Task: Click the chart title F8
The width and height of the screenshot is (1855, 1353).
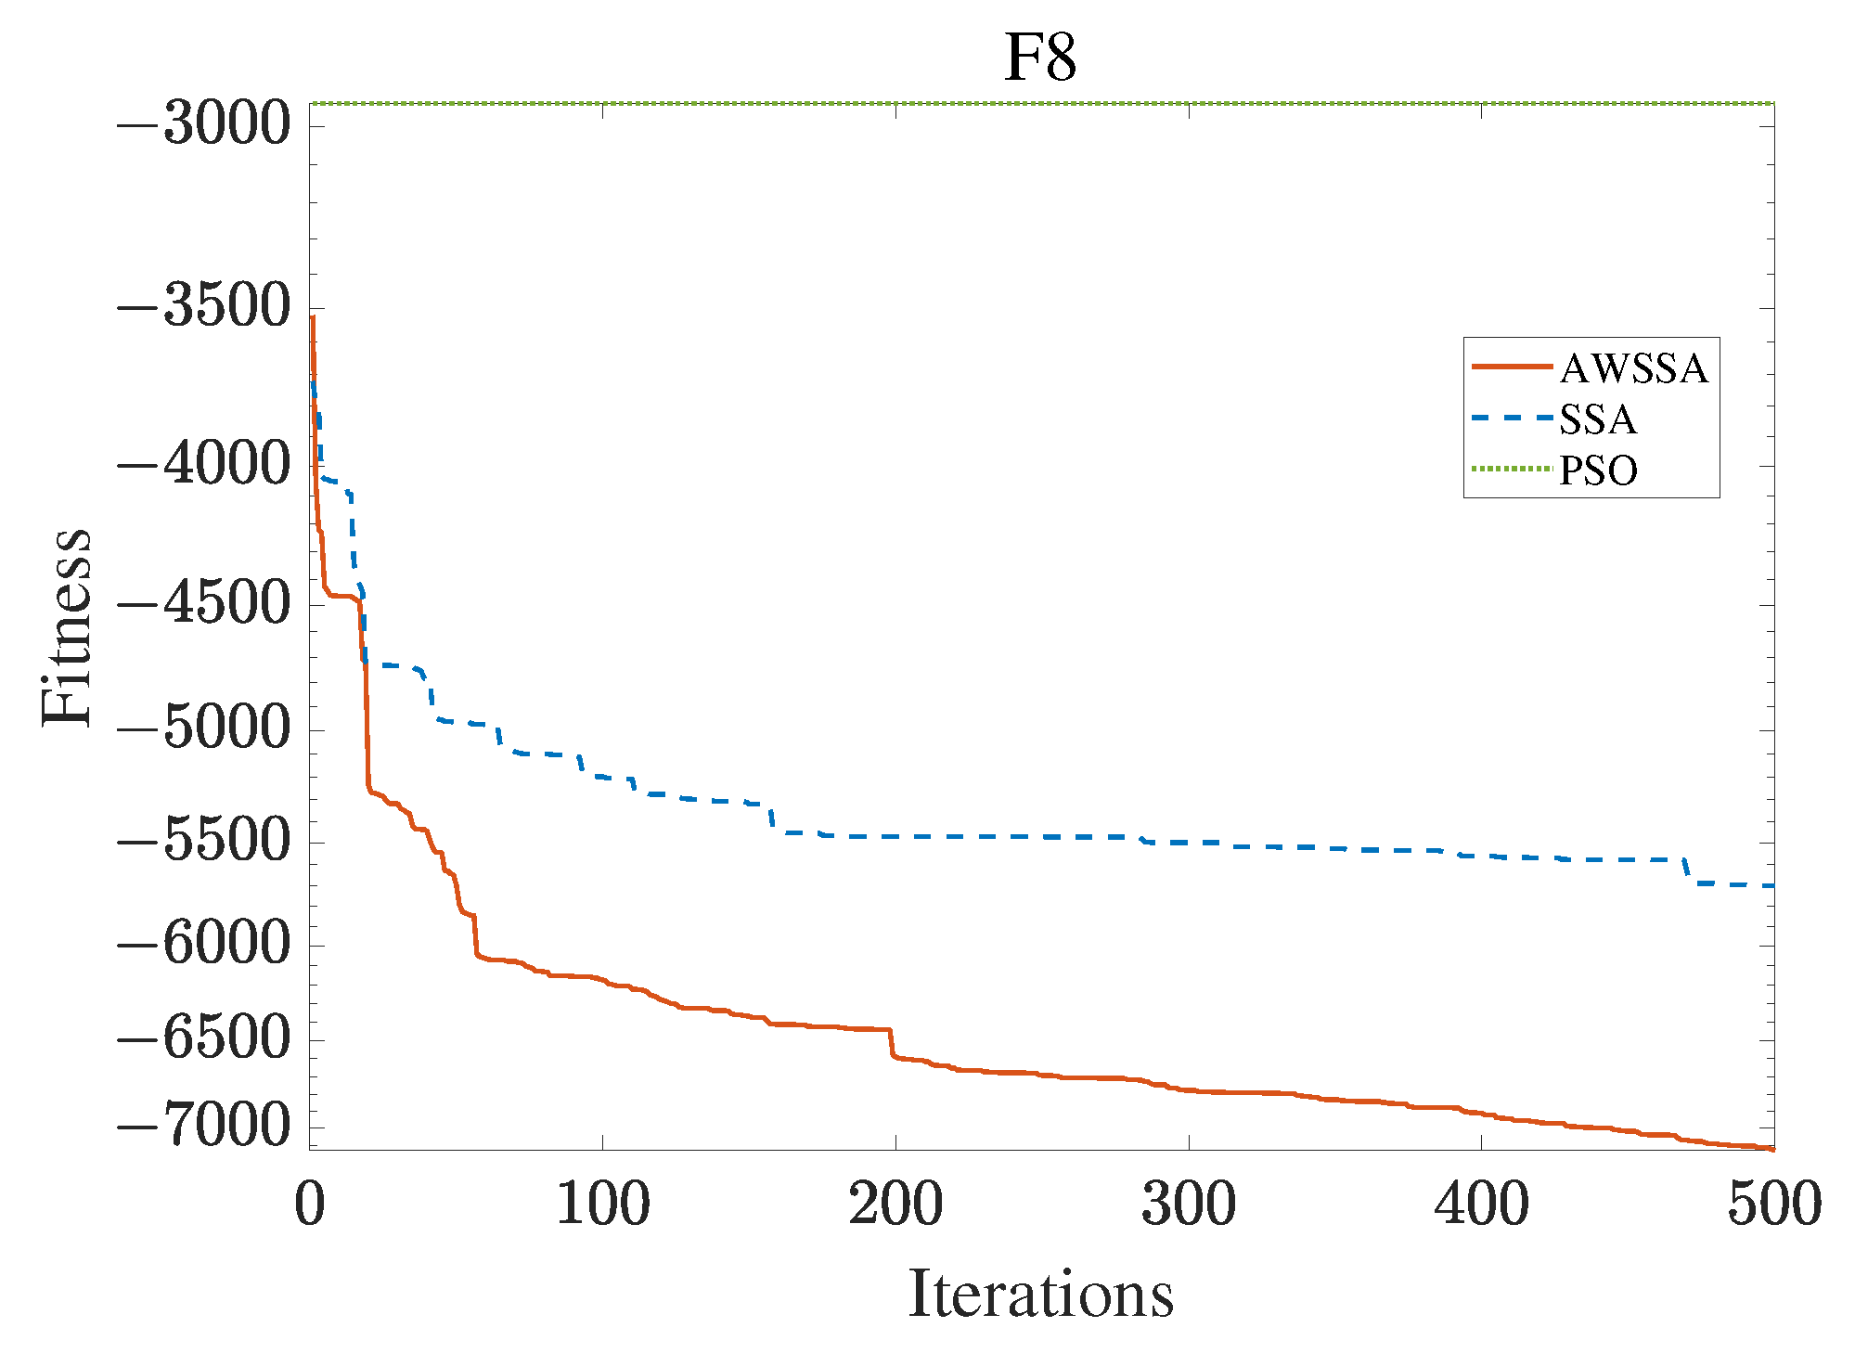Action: click(1040, 58)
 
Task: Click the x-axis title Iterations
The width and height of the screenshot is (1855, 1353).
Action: click(1040, 1294)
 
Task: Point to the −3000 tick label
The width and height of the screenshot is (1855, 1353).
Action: click(203, 123)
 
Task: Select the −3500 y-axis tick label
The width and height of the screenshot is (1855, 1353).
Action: click(203, 306)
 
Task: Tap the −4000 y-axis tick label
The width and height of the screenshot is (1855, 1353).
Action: click(203, 464)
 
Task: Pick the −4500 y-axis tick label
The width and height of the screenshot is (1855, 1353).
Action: click(203, 603)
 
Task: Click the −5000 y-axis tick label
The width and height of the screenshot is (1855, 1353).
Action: click(203, 728)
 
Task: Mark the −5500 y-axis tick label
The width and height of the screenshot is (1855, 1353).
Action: click(203, 841)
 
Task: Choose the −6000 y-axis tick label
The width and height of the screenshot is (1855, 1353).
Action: click(203, 945)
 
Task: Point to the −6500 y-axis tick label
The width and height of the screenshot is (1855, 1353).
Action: click(203, 1039)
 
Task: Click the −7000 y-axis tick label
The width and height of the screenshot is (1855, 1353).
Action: click(203, 1127)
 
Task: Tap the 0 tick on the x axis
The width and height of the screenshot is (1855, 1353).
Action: click(310, 1205)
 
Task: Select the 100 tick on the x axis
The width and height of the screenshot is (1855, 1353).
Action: click(602, 1205)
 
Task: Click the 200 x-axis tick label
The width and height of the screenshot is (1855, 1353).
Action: click(895, 1205)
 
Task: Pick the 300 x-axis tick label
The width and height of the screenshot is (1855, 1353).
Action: click(1188, 1205)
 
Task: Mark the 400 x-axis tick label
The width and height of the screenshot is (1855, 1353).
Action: click(1481, 1205)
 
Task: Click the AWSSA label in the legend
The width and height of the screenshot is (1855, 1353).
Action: click(1633, 368)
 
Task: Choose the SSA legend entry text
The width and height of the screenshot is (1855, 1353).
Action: click(1598, 419)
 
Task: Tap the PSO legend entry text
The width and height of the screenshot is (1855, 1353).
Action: click(1598, 470)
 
